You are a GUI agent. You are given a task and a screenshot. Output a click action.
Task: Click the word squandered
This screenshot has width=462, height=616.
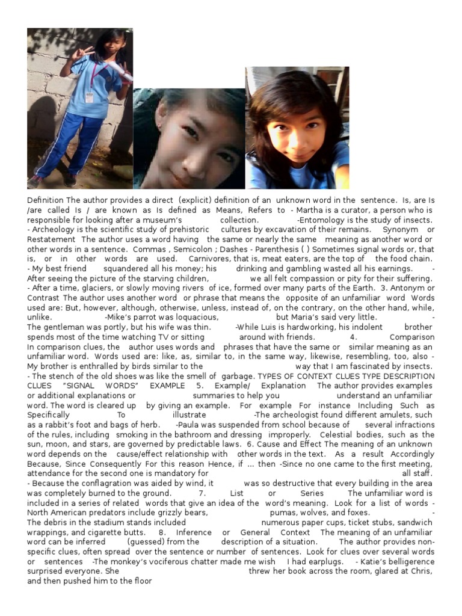click(x=128, y=268)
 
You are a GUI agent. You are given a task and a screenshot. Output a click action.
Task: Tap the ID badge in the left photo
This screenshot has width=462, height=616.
click(x=90, y=97)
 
